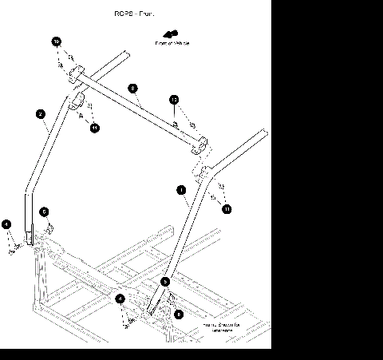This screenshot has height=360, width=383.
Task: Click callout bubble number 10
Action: click(x=57, y=40)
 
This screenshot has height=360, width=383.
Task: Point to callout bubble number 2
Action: click(x=40, y=114)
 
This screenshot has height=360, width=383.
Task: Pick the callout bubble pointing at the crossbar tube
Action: click(x=133, y=88)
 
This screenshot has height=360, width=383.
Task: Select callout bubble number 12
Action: click(x=174, y=101)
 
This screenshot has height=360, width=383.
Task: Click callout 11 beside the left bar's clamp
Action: click(x=94, y=127)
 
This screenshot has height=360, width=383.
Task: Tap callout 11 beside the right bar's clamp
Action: click(x=227, y=208)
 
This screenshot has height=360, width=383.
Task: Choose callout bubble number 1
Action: click(x=182, y=190)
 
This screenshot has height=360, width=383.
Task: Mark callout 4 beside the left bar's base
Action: click(x=6, y=225)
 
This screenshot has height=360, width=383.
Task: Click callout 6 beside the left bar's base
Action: click(x=45, y=212)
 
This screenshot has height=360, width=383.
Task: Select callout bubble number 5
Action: click(x=166, y=282)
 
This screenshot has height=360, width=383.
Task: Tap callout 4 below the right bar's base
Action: click(x=120, y=299)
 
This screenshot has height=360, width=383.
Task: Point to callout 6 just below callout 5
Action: click(x=179, y=315)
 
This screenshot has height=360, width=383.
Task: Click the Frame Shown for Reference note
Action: click(x=210, y=328)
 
